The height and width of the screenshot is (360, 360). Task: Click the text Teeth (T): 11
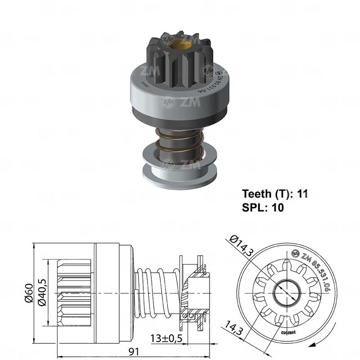point(274,194)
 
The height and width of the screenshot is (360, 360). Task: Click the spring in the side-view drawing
point(154,293)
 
